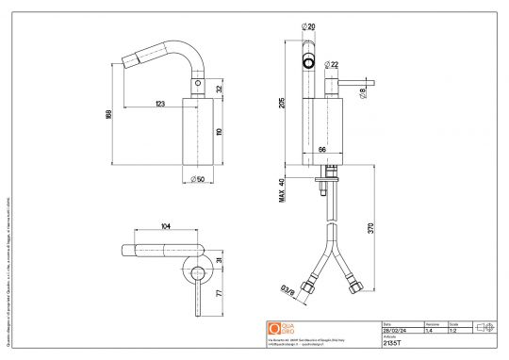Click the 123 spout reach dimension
(160, 102)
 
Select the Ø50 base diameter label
(198, 178)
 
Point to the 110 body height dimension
(220, 133)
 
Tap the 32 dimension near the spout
(219, 88)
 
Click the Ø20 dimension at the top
(309, 26)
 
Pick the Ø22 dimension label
(333, 65)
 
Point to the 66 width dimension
(320, 150)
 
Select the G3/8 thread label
(283, 293)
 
